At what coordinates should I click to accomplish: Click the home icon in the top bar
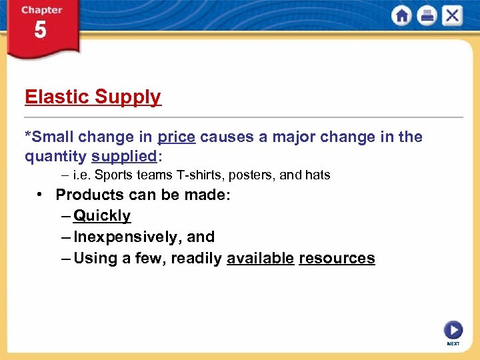click(x=401, y=16)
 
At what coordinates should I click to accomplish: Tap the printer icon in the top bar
click(x=427, y=16)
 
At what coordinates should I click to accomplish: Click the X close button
click(x=452, y=16)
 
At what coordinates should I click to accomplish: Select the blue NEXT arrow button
click(x=453, y=330)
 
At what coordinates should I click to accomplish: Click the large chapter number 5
click(x=41, y=30)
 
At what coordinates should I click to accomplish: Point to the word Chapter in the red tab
click(x=41, y=10)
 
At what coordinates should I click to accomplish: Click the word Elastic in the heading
click(x=57, y=97)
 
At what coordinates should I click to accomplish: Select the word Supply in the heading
click(x=127, y=97)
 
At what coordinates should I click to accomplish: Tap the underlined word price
click(x=176, y=137)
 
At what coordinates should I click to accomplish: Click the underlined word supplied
click(x=125, y=157)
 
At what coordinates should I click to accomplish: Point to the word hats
click(x=317, y=175)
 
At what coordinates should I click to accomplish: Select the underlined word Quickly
click(x=102, y=216)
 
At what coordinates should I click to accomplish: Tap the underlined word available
click(x=260, y=258)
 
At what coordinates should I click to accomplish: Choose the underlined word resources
click(x=337, y=258)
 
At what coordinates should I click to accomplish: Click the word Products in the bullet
click(x=90, y=195)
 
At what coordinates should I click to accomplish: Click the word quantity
click(x=55, y=157)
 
